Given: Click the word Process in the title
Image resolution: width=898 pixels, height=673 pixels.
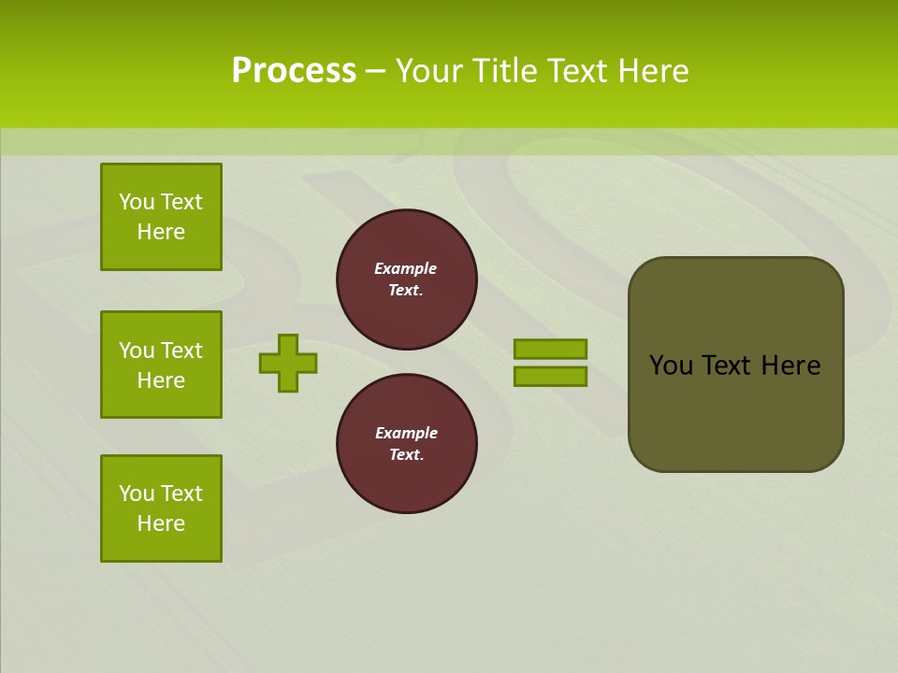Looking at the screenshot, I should [x=294, y=71].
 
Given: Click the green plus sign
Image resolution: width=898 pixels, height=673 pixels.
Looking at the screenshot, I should [x=288, y=363].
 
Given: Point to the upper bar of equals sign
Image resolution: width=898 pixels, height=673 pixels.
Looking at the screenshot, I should [x=550, y=350].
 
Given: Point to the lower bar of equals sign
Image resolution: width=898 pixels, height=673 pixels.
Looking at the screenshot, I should [x=550, y=377].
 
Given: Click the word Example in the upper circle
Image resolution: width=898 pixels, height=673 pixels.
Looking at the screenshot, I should [x=405, y=268].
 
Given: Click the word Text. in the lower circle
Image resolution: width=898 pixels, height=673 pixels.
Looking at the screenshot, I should [x=406, y=454].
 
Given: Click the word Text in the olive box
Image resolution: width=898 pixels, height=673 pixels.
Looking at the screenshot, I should [x=726, y=365].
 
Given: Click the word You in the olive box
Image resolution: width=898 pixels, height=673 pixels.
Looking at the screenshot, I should [x=669, y=365].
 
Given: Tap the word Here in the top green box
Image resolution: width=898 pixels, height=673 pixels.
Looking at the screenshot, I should [x=161, y=232].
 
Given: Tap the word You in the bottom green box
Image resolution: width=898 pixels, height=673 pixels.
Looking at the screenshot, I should [x=137, y=494].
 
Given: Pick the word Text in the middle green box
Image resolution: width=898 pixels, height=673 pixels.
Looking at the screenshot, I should [x=181, y=351].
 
